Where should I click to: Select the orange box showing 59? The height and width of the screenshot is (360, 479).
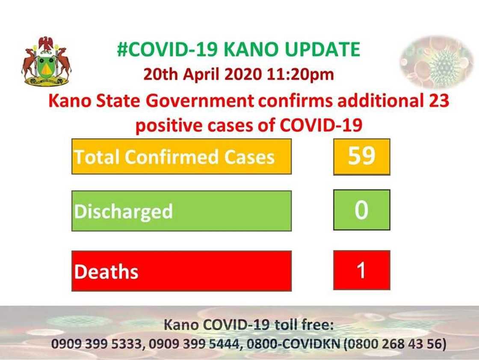point(361,157)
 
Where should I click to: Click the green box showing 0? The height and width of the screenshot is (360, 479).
point(361,211)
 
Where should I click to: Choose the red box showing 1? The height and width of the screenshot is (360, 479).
point(361,271)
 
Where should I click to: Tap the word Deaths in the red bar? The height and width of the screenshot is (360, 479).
point(106,272)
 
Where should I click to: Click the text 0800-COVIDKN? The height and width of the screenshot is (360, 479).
point(291,344)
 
